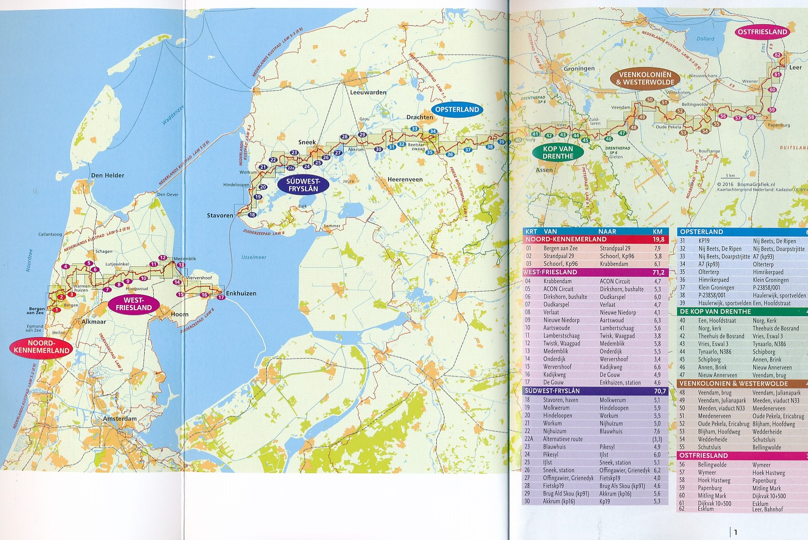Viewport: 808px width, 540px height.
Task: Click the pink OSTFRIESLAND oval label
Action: click(x=762, y=32)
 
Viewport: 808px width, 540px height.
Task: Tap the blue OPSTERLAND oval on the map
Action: click(x=457, y=110)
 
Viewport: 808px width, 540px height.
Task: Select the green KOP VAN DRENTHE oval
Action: click(x=558, y=153)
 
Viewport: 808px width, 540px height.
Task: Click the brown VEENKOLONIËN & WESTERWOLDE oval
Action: click(x=645, y=78)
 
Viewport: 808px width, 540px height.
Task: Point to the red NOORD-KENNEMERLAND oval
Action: click(x=41, y=347)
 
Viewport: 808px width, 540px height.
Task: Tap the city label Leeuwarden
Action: click(x=368, y=92)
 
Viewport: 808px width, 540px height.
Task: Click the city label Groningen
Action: click(x=579, y=69)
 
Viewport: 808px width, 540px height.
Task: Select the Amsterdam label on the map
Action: click(x=120, y=419)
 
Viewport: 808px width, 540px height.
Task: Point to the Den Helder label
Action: click(x=107, y=176)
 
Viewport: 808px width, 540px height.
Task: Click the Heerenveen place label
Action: click(x=404, y=179)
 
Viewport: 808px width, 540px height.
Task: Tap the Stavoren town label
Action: click(x=220, y=215)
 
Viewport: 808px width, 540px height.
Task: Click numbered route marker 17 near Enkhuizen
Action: click(x=221, y=297)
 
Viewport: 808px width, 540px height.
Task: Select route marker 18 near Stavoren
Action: click(x=252, y=215)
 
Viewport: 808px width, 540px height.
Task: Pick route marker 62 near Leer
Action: click(x=777, y=55)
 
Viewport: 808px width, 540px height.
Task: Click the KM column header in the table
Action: click(x=658, y=231)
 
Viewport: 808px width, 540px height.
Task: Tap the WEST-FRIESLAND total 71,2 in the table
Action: click(x=659, y=272)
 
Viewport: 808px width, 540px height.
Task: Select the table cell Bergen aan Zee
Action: click(x=560, y=249)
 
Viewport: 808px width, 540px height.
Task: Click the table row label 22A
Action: click(x=529, y=439)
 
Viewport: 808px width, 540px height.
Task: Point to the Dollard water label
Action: click(x=705, y=39)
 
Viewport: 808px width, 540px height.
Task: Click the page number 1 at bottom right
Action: click(x=736, y=532)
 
